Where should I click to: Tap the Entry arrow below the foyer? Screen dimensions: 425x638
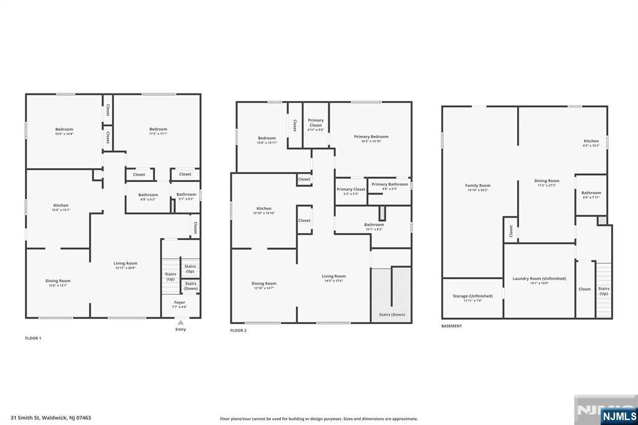point(180,323)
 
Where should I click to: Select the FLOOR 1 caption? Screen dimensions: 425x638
point(33,338)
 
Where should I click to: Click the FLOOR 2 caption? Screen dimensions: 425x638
point(238,330)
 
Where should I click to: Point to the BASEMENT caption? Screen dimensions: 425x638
point(452,326)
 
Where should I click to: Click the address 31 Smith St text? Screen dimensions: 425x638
point(50,418)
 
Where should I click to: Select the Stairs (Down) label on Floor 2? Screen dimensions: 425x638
point(392,315)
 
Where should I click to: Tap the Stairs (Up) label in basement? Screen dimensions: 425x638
point(603,290)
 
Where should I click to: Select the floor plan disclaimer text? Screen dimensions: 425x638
point(318,419)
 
